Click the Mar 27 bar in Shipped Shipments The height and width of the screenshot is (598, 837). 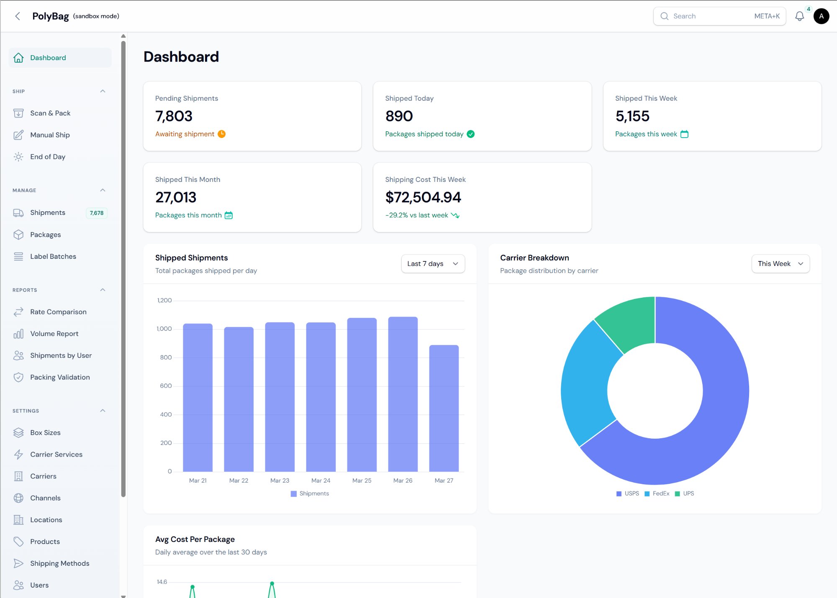click(444, 408)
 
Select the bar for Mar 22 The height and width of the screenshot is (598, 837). click(239, 399)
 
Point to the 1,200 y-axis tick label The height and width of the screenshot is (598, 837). click(164, 300)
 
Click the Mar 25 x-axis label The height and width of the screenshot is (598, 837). click(362, 480)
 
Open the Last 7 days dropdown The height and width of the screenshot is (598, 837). click(433, 263)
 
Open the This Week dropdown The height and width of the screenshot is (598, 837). click(780, 263)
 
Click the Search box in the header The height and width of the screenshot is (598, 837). click(719, 16)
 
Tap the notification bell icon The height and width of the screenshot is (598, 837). click(799, 16)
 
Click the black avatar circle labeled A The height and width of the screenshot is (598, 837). click(821, 16)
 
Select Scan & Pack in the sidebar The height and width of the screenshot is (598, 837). click(50, 113)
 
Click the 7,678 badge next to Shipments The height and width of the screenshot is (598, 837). click(97, 213)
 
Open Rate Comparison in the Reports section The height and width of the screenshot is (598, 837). click(58, 312)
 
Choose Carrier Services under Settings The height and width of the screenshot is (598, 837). click(56, 454)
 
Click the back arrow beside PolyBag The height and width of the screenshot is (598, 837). click(18, 16)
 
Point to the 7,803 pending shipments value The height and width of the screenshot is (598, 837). click(174, 116)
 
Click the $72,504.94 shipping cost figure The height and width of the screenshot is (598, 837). click(423, 197)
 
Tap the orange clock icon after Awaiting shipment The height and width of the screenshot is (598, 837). click(222, 134)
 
